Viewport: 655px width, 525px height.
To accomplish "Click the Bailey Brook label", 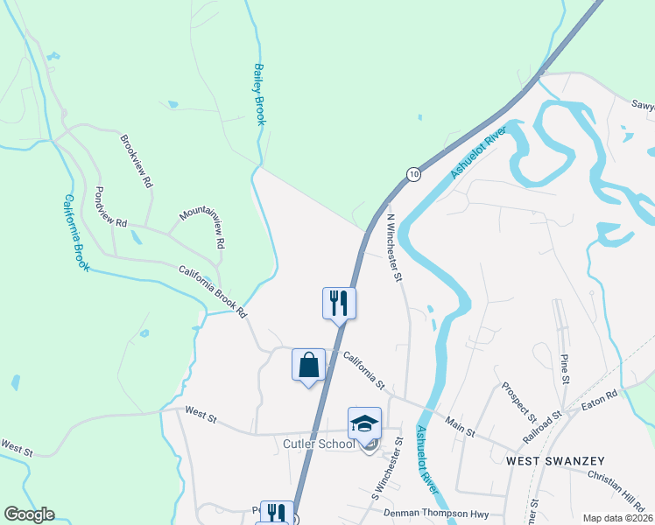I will [259, 94].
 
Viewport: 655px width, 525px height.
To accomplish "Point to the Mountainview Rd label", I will [203, 227].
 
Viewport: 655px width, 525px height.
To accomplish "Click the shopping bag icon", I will [308, 364].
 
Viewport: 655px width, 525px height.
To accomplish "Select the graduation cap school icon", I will [364, 423].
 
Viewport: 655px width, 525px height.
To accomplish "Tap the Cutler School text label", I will [319, 444].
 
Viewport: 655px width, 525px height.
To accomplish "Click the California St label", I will [364, 370].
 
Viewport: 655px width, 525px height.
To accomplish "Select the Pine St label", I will [565, 367].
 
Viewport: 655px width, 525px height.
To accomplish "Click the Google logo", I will [29, 514].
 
